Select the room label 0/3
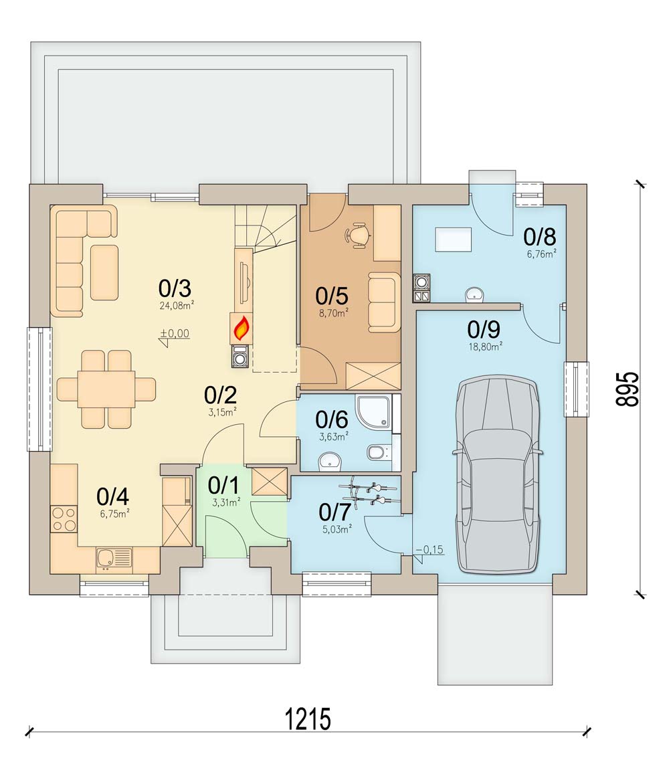(175, 288)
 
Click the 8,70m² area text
(334, 313)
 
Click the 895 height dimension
(627, 389)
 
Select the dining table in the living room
(106, 389)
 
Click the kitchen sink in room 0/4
(114, 557)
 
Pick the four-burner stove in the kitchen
(64, 519)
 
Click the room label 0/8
(539, 237)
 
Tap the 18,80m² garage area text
(485, 347)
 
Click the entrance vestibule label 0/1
(223, 486)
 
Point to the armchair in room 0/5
(385, 302)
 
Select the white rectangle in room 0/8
(453, 239)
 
